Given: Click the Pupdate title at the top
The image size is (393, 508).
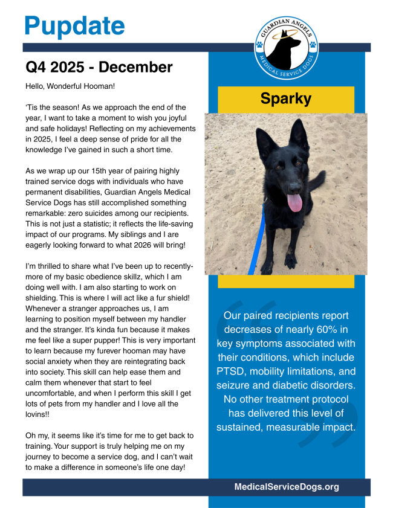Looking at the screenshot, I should pos(74,25).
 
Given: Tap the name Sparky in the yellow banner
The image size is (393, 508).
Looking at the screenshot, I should pos(286,98).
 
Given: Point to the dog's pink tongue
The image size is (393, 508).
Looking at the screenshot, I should pos(295,202).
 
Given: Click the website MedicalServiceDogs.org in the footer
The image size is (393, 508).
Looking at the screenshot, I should pos(287,487).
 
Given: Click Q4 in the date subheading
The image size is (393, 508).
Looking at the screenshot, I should pos(36,67).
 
